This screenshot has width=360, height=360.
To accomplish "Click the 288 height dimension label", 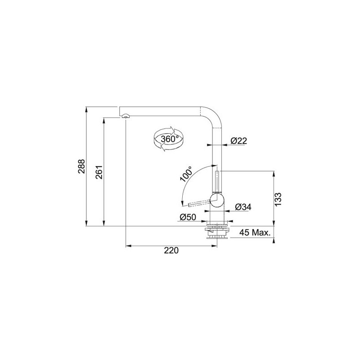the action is (x=82, y=166).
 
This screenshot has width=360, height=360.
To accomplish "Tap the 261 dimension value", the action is (x=99, y=172).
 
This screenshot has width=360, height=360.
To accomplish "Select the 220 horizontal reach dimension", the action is (x=171, y=250).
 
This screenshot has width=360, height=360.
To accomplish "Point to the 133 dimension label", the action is (x=278, y=199).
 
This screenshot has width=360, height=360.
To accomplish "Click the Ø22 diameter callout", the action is (x=239, y=140).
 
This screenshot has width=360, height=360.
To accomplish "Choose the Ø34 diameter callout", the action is (x=243, y=207).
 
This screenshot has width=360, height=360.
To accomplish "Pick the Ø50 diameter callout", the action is (x=188, y=217).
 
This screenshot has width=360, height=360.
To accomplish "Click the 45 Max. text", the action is (x=255, y=233).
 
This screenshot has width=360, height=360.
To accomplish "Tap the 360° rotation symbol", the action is (x=168, y=139).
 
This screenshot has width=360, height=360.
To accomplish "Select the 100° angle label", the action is (x=186, y=174).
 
